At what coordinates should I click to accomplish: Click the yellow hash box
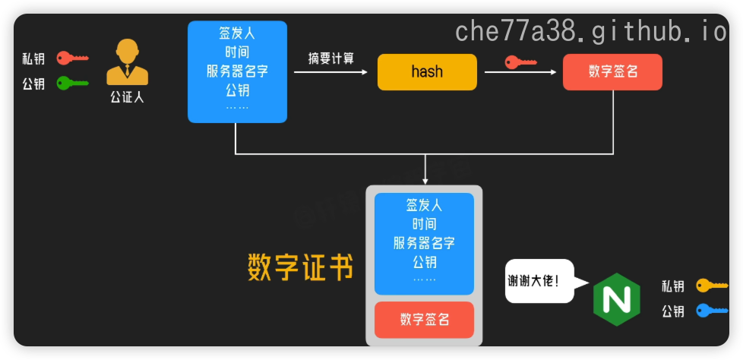pyautogui.click(x=427, y=72)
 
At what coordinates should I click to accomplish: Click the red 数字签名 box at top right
pyautogui.click(x=612, y=72)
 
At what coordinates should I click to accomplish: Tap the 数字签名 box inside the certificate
pyautogui.click(x=424, y=320)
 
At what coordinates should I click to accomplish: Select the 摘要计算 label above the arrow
pyautogui.click(x=331, y=58)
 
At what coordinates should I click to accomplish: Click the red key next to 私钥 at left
pyautogui.click(x=73, y=58)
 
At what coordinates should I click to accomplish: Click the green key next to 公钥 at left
pyautogui.click(x=73, y=83)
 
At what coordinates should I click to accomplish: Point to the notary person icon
pyautogui.click(x=127, y=62)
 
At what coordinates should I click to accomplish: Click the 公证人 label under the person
pyautogui.click(x=127, y=96)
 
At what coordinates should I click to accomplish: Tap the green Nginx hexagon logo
pyautogui.click(x=616, y=298)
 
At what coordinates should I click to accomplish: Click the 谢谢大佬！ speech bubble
pyautogui.click(x=537, y=281)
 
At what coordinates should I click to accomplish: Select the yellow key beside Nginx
pyautogui.click(x=712, y=286)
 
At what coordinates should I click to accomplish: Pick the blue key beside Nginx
pyautogui.click(x=712, y=310)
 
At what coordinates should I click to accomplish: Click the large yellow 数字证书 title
pyautogui.click(x=301, y=267)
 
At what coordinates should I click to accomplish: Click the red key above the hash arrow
pyautogui.click(x=520, y=62)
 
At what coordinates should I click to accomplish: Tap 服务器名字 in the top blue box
pyautogui.click(x=237, y=72)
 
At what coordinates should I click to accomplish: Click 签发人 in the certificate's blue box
pyautogui.click(x=424, y=205)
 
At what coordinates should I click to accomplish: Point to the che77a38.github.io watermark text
pyautogui.click(x=590, y=31)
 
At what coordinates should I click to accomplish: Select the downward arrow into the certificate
pyautogui.click(x=425, y=169)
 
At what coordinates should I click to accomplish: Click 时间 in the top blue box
pyautogui.click(x=237, y=52)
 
